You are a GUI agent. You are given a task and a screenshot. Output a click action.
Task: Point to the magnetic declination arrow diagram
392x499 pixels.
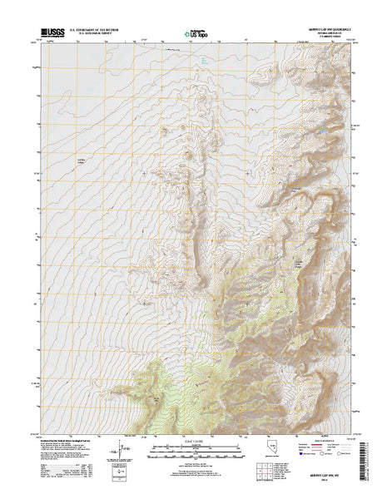coord(125,454)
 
